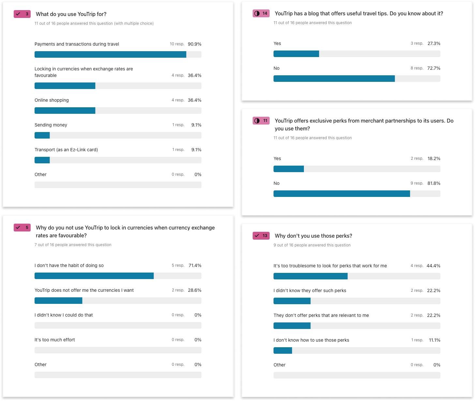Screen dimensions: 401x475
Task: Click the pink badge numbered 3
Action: [22, 14]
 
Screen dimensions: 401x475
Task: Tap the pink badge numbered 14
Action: [261, 13]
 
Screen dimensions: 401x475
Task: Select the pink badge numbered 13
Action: [261, 236]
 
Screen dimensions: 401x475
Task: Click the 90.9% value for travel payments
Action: [194, 44]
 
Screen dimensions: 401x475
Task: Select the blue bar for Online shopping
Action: [65, 111]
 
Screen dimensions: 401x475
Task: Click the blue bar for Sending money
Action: [42, 135]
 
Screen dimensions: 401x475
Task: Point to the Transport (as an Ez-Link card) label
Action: [66, 150]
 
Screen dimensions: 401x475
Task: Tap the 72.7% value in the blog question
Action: [434, 68]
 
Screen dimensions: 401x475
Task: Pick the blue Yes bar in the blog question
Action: [296, 54]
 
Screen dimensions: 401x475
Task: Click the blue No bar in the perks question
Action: [342, 194]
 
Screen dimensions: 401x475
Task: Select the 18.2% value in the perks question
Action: [434, 158]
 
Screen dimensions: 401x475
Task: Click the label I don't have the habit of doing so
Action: [69, 265]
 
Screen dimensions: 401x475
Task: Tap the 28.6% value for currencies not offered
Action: [194, 290]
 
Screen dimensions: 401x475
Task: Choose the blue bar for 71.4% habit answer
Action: [94, 276]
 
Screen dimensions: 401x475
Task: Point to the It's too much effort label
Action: [55, 340]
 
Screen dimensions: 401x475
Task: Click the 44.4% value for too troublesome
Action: [433, 266]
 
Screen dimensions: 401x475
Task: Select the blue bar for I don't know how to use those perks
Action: [283, 350]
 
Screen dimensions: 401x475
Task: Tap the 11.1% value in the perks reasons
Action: [434, 340]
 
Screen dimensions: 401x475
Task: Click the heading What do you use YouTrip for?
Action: [71, 14]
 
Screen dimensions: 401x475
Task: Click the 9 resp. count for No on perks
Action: [417, 183]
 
